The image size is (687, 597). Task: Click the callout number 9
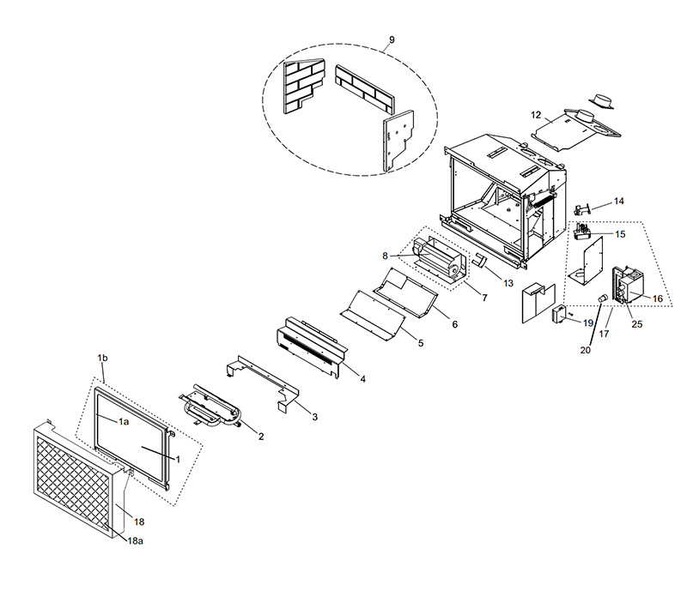[x=392, y=39]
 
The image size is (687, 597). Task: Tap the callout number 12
[x=536, y=115]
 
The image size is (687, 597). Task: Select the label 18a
[x=136, y=541]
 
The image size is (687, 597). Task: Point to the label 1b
[x=102, y=358]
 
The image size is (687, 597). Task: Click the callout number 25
[x=636, y=324]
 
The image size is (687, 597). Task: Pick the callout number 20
[x=586, y=350]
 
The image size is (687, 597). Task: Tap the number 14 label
[x=618, y=202]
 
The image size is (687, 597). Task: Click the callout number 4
[x=362, y=379]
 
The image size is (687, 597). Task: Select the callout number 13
[x=508, y=283]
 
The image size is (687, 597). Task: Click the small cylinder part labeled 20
[x=603, y=298]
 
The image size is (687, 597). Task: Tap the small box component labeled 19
[x=558, y=315]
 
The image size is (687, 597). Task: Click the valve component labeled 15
[x=583, y=231]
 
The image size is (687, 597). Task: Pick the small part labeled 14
[x=582, y=209]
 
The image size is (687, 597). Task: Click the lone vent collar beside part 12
[x=601, y=100]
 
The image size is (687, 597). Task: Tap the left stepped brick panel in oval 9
[x=303, y=87]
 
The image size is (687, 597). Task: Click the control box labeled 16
[x=629, y=285]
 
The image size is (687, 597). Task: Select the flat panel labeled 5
[x=373, y=315]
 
